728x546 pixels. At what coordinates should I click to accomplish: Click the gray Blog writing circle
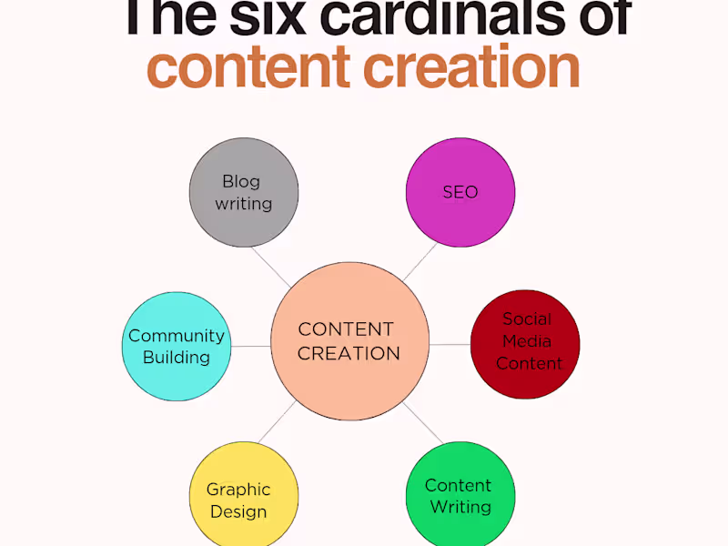244,192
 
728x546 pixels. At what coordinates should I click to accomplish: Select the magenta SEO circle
460,192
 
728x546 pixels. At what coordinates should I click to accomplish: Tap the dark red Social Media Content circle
525,345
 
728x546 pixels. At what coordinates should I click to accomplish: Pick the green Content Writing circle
460,494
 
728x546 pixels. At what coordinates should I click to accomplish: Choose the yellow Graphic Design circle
244,494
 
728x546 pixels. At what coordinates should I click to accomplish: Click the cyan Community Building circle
177,347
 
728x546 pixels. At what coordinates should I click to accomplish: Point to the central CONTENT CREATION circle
349,341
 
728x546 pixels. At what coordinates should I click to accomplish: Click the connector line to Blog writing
271,268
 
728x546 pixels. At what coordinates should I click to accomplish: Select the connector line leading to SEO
420,262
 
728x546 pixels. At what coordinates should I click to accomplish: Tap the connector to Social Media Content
450,345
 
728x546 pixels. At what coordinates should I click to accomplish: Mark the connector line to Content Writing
423,423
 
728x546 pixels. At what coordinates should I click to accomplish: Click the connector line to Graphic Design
277,421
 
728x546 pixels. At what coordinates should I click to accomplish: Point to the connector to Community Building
251,346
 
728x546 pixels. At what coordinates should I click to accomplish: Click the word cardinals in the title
442,17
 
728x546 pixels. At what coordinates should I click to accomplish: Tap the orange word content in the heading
248,67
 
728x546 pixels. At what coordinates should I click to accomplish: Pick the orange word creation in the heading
471,66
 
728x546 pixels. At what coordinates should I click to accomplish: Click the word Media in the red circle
527,341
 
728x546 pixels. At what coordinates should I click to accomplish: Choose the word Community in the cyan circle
177,336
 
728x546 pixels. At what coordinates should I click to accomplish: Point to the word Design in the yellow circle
238,511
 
